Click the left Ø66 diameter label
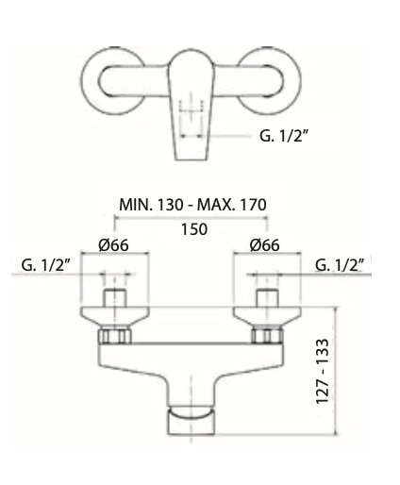click(113, 246)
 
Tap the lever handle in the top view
click(192, 104)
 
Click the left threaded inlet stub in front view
click(115, 301)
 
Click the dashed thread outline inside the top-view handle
click(192, 111)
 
